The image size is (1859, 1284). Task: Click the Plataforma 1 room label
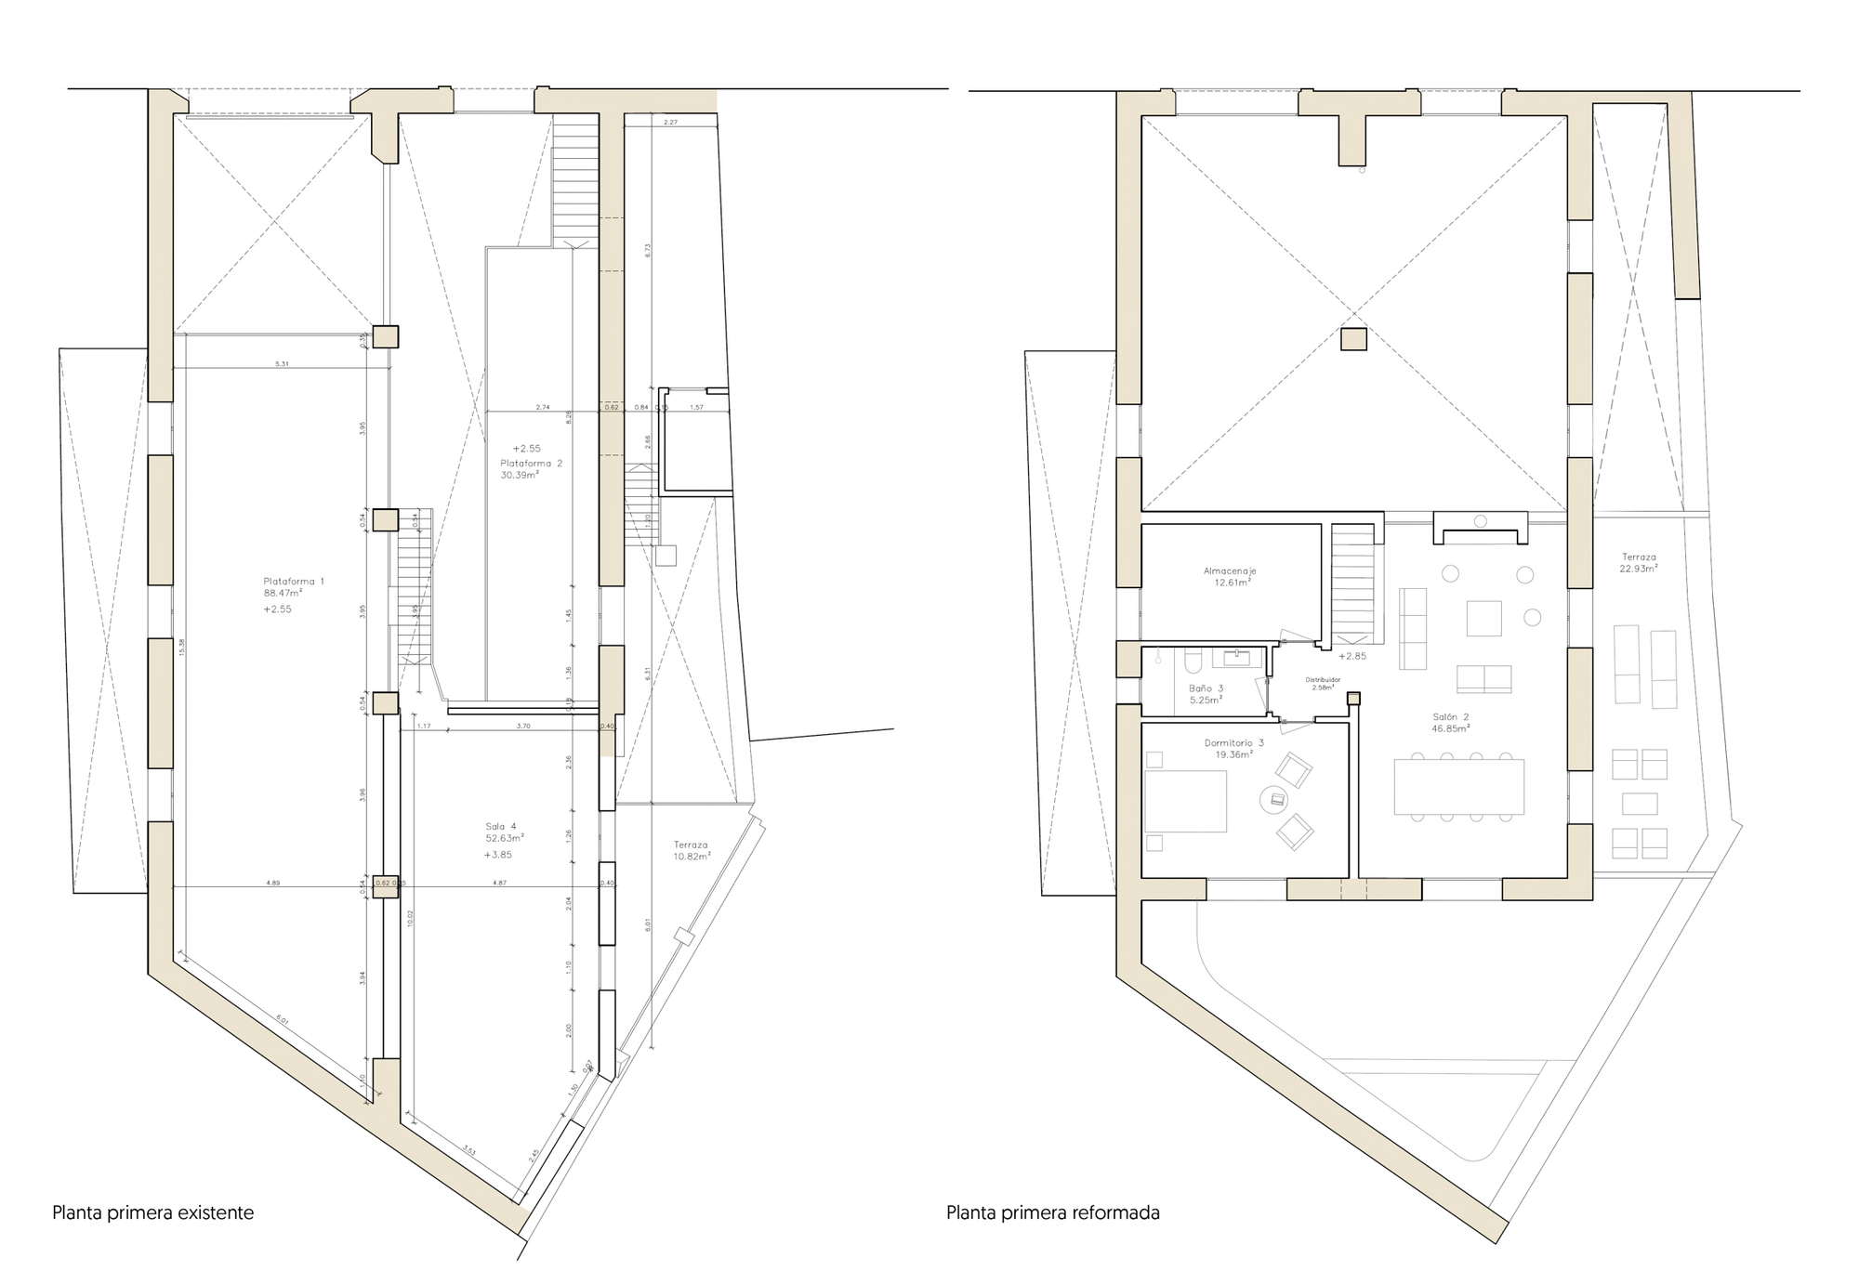coord(294,581)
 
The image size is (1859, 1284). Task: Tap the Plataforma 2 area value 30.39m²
coord(520,475)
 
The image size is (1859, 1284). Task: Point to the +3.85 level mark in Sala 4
coord(498,854)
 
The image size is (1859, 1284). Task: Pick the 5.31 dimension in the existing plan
coord(282,364)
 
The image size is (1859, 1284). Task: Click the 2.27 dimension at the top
coord(670,123)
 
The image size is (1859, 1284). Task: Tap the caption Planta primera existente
coord(152,1212)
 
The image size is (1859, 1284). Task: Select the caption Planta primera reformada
coord(1052,1212)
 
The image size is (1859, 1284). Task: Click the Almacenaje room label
coord(1230,571)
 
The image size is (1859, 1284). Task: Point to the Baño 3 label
coord(1206,688)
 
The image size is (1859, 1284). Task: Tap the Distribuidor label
coord(1323,680)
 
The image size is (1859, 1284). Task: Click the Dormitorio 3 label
coord(1233,742)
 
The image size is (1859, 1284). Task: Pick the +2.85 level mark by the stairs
coord(1352,656)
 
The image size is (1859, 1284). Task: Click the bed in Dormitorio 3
coord(1185,801)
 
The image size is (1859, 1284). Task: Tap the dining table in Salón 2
coord(1459,786)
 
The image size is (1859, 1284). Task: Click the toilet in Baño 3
coord(1193,660)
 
